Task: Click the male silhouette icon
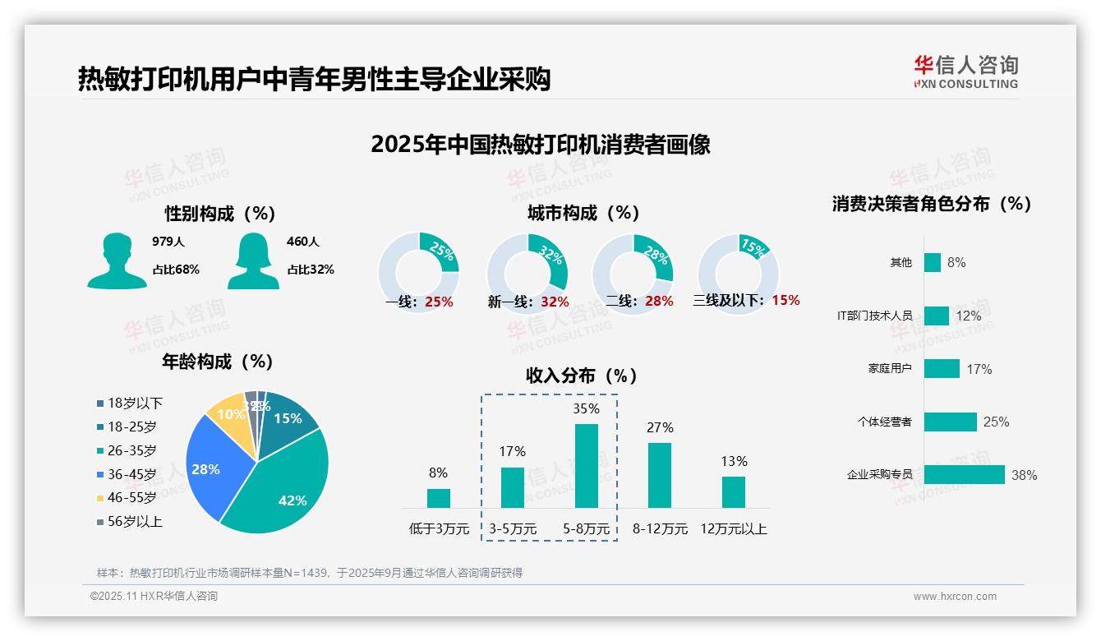tap(117, 261)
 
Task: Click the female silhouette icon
tap(253, 261)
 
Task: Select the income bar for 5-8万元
tap(586, 465)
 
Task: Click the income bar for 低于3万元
tap(439, 498)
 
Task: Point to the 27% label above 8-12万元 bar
tap(660, 427)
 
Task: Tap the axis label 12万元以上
tap(733, 529)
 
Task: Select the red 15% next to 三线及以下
tap(785, 300)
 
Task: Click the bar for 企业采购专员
tap(964, 475)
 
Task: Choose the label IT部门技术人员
tap(874, 316)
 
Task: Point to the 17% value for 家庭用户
tap(979, 369)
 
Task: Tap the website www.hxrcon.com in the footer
tap(955, 597)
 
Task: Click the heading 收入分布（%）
tap(582, 376)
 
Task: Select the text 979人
tap(168, 242)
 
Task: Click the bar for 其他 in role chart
tap(932, 262)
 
